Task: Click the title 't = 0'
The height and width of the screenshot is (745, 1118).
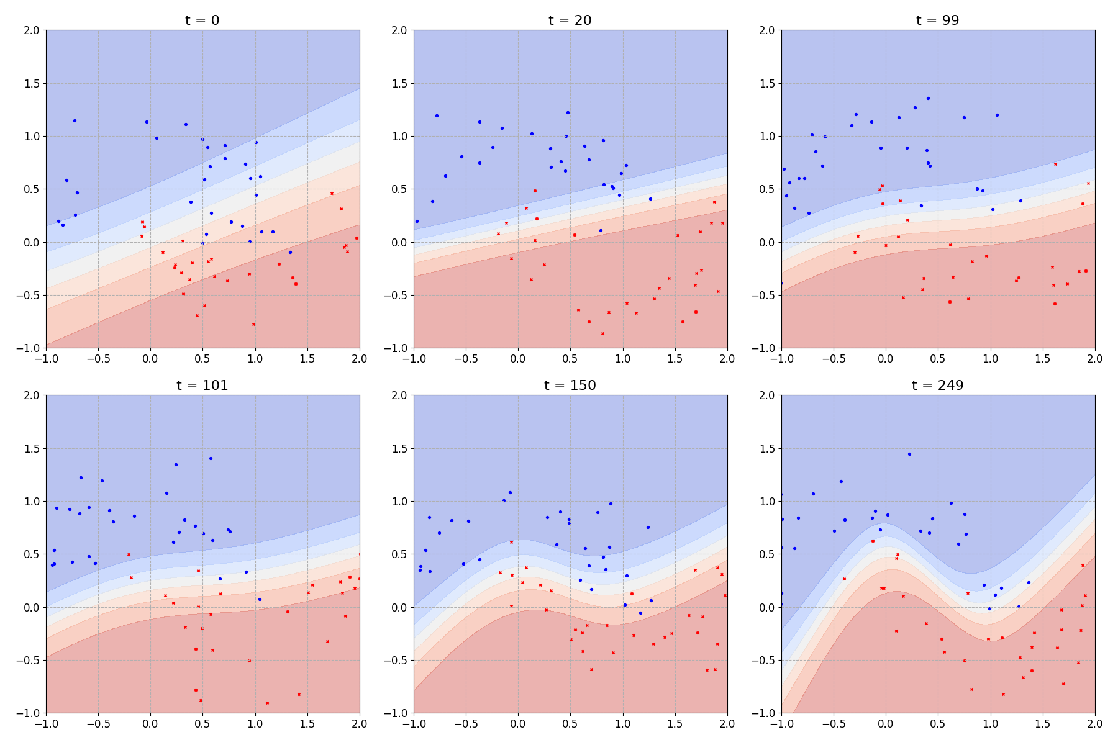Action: click(x=202, y=20)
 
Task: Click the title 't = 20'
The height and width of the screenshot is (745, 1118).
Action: click(x=570, y=20)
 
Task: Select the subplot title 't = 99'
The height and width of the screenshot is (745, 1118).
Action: click(x=938, y=20)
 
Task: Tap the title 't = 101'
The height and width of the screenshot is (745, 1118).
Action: click(x=202, y=385)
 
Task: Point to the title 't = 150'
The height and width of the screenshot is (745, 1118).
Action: click(x=570, y=385)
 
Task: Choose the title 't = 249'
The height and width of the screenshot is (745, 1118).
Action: click(x=938, y=385)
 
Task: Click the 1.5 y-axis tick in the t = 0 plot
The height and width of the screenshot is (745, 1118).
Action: click(x=31, y=84)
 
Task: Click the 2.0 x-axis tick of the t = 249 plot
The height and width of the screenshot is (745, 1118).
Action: click(x=1094, y=724)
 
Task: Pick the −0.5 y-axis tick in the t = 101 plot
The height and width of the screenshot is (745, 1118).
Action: click(x=29, y=660)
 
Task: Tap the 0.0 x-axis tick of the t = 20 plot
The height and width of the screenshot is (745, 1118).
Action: click(x=518, y=359)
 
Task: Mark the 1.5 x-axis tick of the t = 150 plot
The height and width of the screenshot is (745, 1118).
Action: click(x=675, y=724)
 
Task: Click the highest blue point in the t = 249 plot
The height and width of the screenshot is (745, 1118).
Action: click(x=909, y=454)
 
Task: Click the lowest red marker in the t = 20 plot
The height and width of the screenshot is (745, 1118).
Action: click(x=602, y=333)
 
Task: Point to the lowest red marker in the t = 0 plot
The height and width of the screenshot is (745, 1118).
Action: click(x=253, y=324)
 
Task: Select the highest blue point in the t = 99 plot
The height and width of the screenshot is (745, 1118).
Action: click(x=929, y=98)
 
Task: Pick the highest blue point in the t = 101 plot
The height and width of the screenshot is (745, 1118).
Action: click(x=211, y=458)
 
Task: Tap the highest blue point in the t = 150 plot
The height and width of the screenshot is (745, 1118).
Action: click(x=510, y=492)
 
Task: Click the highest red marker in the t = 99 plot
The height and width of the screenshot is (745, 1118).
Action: click(x=1055, y=164)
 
